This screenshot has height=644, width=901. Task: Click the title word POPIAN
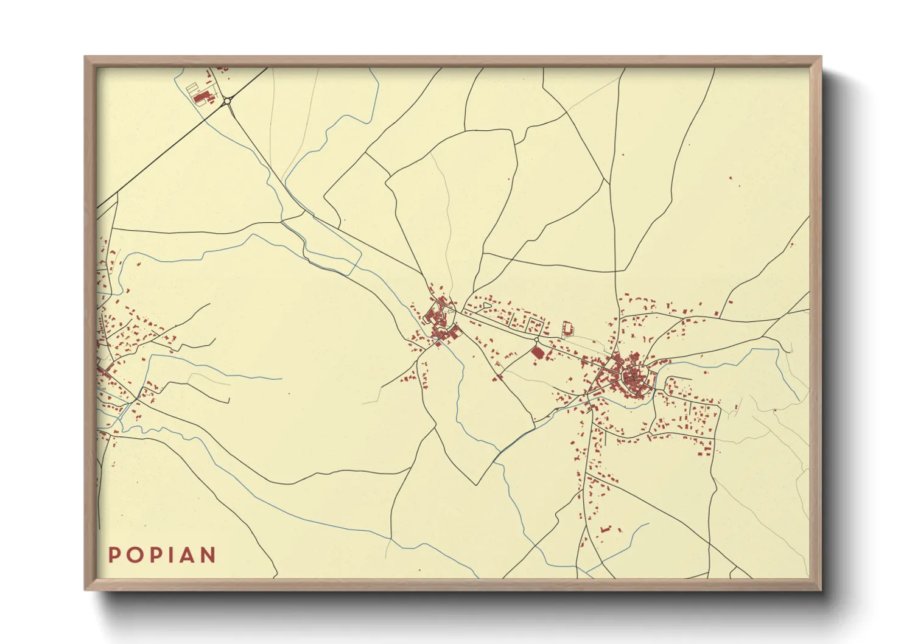162,555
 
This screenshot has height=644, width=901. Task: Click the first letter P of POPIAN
114,555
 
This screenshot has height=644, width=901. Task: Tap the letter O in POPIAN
133,555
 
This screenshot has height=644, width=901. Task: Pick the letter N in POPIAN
208,555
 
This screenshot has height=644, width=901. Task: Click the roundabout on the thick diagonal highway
227,101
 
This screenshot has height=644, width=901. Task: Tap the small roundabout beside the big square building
536,340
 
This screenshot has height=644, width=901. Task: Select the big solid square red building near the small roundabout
538,352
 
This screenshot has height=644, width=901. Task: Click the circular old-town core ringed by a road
634,380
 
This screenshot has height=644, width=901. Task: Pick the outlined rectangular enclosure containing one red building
567,328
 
